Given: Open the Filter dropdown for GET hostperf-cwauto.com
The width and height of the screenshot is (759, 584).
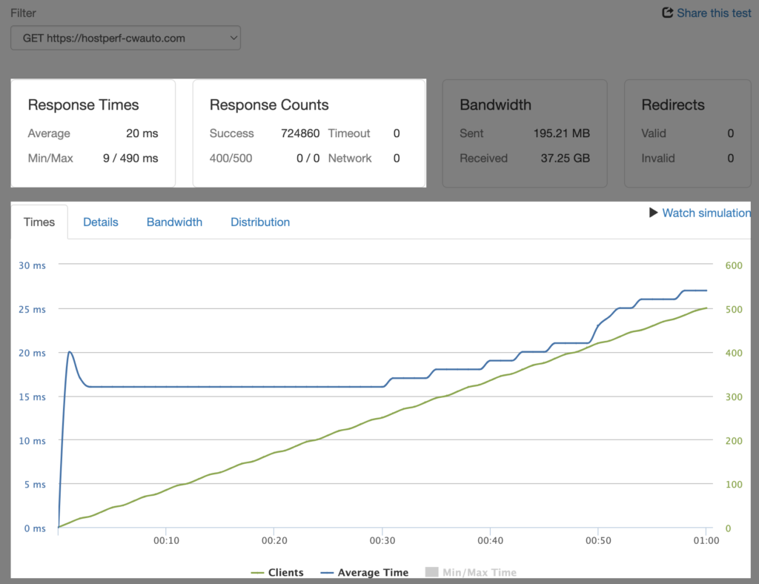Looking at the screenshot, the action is [125, 38].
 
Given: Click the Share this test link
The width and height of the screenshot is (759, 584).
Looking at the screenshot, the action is [706, 13].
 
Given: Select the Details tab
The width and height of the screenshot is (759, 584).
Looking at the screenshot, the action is [101, 222].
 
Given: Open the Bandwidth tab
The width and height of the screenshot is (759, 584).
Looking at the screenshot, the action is [174, 222].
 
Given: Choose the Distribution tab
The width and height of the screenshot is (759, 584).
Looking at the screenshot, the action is [260, 222].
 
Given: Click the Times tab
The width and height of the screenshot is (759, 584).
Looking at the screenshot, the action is [39, 222].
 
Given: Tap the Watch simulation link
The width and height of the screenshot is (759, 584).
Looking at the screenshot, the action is [700, 213].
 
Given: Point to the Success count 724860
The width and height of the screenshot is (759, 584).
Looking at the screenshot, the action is [300, 133].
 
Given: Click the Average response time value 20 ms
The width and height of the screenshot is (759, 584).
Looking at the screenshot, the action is [142, 133].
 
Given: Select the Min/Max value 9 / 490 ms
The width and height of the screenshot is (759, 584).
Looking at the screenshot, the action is [130, 158].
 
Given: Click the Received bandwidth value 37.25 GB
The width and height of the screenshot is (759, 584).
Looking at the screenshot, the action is [565, 158].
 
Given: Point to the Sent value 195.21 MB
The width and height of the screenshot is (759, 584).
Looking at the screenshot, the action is [562, 133].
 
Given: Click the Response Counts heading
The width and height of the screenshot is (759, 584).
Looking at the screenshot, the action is [268, 104].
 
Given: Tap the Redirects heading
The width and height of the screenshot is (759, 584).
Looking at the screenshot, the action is [673, 104].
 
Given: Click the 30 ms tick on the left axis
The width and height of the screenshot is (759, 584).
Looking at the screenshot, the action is [32, 265].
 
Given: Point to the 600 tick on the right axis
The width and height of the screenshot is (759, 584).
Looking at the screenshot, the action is [733, 265].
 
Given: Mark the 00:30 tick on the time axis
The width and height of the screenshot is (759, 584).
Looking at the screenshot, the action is [382, 540].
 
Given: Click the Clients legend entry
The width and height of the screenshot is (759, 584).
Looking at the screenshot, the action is [277, 572].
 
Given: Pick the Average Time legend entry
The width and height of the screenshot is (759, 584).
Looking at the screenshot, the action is [365, 572].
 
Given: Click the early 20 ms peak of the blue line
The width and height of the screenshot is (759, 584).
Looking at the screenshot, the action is [70, 352].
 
